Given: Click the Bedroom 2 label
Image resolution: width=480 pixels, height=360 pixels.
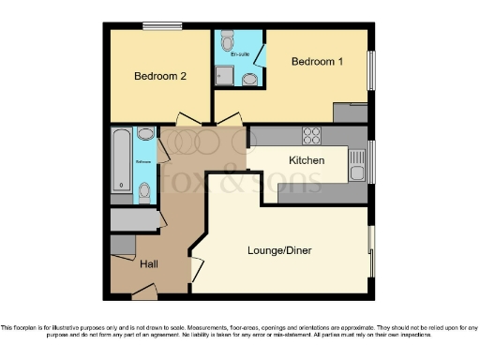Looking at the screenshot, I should [158, 77].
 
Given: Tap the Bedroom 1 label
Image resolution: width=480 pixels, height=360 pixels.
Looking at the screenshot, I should [316, 62].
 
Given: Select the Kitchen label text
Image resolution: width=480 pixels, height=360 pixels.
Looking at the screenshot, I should [307, 160].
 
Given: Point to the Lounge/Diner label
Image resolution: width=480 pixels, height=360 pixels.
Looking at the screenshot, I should [279, 250].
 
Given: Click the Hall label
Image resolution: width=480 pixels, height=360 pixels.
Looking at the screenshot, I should [148, 265].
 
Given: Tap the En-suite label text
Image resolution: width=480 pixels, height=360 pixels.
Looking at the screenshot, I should [240, 53].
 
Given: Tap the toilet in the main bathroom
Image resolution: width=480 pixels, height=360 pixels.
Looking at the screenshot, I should [143, 191].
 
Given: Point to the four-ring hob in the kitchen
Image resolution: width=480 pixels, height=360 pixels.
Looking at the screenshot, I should [311, 134].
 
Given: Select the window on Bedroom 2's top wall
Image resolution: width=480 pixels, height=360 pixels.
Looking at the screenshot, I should [156, 26].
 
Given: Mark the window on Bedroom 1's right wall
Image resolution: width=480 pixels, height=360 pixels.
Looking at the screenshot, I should [371, 70].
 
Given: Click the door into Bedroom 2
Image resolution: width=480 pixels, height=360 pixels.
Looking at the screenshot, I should [187, 120].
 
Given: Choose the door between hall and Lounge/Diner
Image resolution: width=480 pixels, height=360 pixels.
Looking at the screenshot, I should [195, 270].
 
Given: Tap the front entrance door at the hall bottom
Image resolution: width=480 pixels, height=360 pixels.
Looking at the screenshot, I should [144, 293].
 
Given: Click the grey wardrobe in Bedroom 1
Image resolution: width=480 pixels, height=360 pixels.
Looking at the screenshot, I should [349, 113].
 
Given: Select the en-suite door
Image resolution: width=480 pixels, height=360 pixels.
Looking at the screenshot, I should [261, 56].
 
